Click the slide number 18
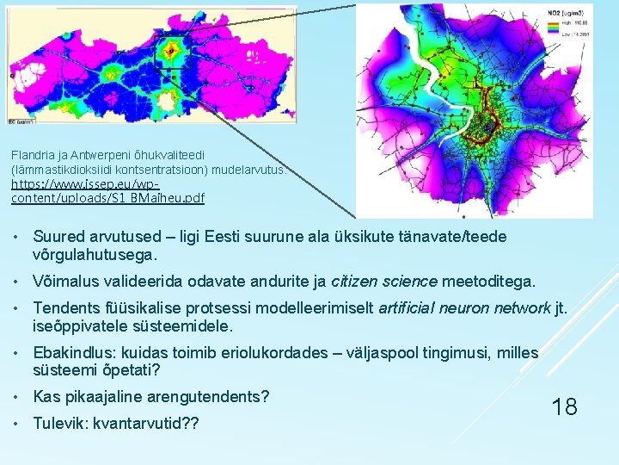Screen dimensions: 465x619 point(564,406)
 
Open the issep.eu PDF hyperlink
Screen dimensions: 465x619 point(107,191)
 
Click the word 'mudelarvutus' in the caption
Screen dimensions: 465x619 point(258,170)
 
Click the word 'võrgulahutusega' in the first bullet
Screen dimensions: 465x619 point(93,255)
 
